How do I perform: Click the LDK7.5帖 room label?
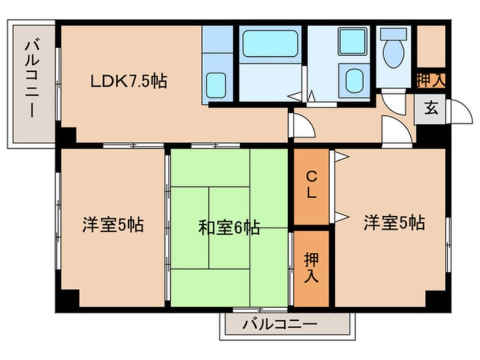(x=129, y=82)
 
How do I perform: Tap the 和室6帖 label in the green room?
(x=229, y=228)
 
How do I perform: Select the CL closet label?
(x=311, y=185)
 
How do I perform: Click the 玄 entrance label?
(x=431, y=108)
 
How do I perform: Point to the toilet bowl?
(x=393, y=54)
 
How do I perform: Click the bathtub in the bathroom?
(x=270, y=43)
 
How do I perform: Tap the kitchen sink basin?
(x=216, y=85)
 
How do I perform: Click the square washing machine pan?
(x=353, y=41)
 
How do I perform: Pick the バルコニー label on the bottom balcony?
(x=280, y=324)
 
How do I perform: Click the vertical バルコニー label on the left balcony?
(x=32, y=79)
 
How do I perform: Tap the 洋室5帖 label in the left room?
(x=113, y=225)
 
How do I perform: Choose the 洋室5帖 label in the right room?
(x=394, y=223)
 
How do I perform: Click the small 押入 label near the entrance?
(x=431, y=80)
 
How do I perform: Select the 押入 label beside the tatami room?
(x=311, y=268)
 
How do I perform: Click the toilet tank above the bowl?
(x=393, y=34)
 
